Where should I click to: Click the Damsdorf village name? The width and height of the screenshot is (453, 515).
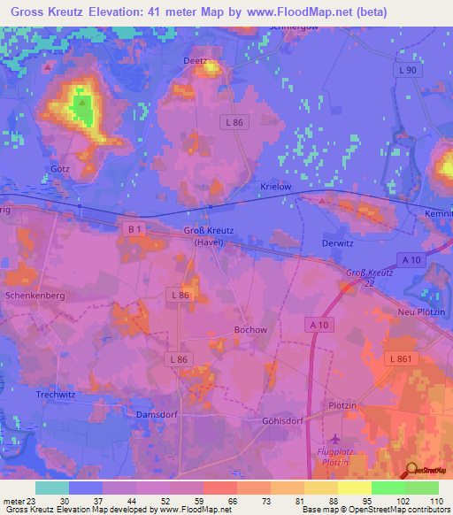pyautogui.click(x=158, y=413)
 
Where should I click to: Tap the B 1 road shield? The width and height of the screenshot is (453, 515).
pyautogui.click(x=134, y=230)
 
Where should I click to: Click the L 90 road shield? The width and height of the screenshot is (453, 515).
pyautogui.click(x=407, y=70)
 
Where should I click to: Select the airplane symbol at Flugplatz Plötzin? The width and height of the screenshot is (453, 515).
pyautogui.click(x=334, y=439)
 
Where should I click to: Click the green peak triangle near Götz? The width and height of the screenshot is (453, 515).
pyautogui.click(x=81, y=103)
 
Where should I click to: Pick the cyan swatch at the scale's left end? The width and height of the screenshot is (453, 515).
pyautogui.click(x=51, y=488)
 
